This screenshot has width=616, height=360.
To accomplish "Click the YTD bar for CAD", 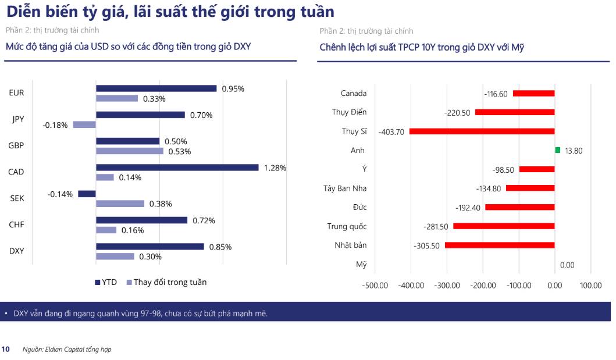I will click(x=177, y=167).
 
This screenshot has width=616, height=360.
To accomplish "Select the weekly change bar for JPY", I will click(x=84, y=124).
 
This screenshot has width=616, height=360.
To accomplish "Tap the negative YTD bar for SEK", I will click(x=87, y=194).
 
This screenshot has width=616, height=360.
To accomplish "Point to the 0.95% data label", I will click(x=233, y=89).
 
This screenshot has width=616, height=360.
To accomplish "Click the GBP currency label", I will click(x=17, y=145).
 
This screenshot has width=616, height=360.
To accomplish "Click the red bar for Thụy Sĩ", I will click(x=482, y=131).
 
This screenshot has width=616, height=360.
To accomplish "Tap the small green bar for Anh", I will click(x=557, y=150).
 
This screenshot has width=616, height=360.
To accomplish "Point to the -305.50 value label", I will click(x=426, y=246).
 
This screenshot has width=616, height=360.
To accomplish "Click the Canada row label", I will click(x=353, y=93).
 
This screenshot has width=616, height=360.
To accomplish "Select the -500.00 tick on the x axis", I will click(x=375, y=285).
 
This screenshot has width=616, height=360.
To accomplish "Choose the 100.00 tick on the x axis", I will click(x=590, y=285).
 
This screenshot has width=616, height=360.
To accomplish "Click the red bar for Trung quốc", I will click(x=504, y=226).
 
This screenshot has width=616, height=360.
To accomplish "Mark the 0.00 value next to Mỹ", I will click(x=567, y=265).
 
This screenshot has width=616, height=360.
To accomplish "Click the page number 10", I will click(x=6, y=350).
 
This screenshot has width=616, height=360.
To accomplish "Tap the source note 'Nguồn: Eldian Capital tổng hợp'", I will click(x=66, y=350).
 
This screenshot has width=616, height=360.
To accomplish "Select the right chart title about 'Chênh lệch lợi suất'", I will click(x=422, y=47).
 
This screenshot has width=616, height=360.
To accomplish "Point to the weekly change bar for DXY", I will click(x=115, y=256).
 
